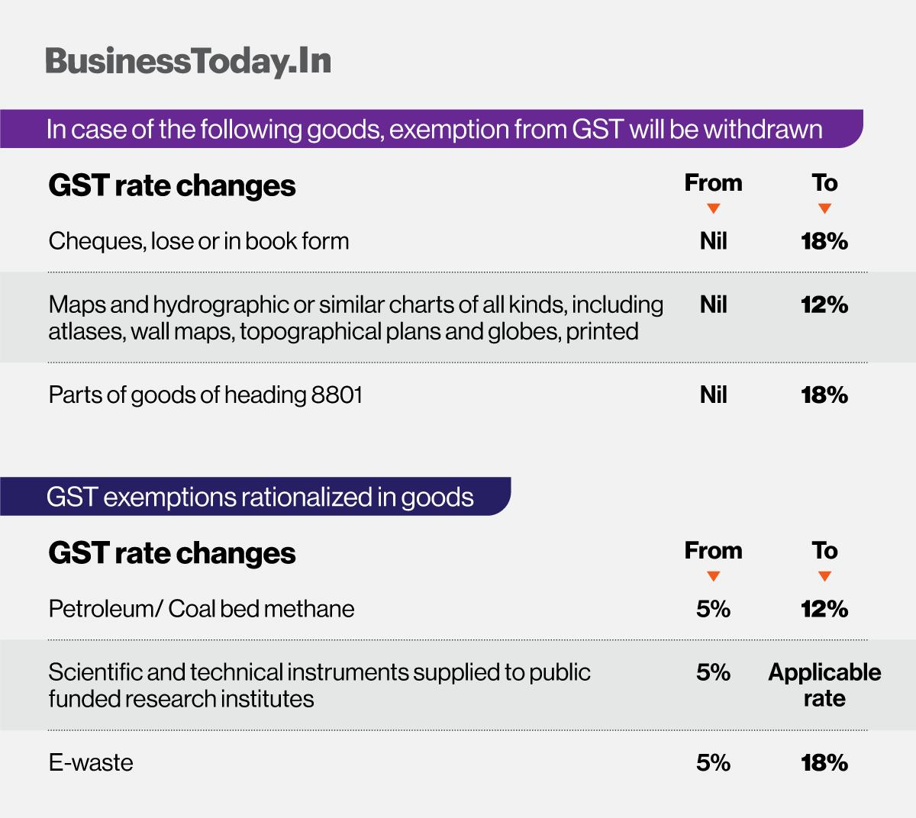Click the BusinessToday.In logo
[188, 61]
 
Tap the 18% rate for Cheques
[824, 241]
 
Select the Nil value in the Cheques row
[713, 241]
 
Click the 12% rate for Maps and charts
[824, 304]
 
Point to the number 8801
[337, 395]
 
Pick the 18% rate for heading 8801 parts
[824, 395]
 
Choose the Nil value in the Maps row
[713, 304]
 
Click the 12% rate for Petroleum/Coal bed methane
[824, 609]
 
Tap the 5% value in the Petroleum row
[713, 609]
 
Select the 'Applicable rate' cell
[824, 685]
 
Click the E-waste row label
[91, 762]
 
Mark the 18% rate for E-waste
[824, 762]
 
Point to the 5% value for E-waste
[713, 762]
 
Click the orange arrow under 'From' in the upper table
[713, 208]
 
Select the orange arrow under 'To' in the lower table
[824, 576]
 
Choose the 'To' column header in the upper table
[824, 183]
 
